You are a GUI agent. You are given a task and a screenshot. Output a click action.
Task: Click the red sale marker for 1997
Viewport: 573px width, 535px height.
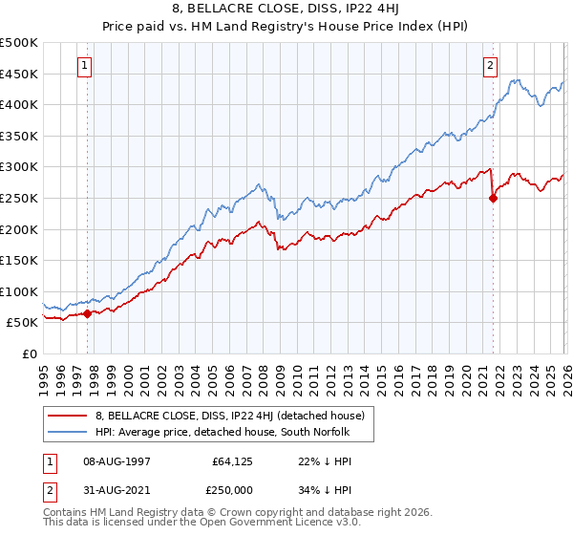coord(87,313)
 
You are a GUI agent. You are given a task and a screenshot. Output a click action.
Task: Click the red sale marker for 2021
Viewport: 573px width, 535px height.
coord(493,199)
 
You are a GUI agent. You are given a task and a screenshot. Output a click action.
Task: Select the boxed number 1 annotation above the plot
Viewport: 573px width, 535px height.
coord(85,66)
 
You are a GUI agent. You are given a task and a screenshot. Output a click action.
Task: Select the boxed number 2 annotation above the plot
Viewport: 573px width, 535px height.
coord(490,66)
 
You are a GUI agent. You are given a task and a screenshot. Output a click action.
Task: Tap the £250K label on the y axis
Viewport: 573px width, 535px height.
coord(19,198)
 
